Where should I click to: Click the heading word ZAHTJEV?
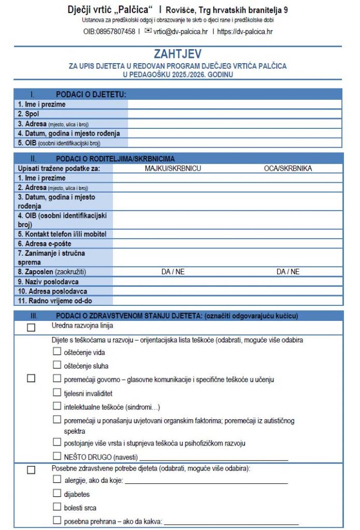[178, 54]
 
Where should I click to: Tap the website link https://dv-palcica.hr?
[245, 32]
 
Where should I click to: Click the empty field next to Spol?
[234, 114]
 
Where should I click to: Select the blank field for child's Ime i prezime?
[234, 104]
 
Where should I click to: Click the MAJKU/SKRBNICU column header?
[173, 168]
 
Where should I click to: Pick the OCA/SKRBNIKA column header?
[287, 168]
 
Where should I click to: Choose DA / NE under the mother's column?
[173, 271]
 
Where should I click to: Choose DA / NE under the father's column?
[287, 271]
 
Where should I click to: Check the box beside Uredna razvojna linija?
[31, 327]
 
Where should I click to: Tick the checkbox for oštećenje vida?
[57, 351]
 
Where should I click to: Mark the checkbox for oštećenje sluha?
[57, 365]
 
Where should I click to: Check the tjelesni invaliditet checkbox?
[57, 392]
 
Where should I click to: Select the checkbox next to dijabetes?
[57, 493]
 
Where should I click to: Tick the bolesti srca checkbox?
[57, 507]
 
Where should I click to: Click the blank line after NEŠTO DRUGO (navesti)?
[213, 458]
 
